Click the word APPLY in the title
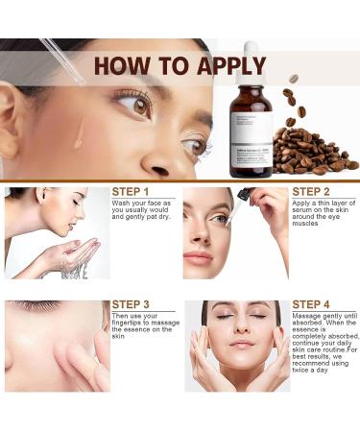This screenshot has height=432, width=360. tap(221, 66)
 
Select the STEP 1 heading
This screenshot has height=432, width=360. tap(131, 191)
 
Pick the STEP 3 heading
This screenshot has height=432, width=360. tap(131, 305)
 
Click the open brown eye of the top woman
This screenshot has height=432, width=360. tap(134, 104)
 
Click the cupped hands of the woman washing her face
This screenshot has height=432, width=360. tap(77, 254)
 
